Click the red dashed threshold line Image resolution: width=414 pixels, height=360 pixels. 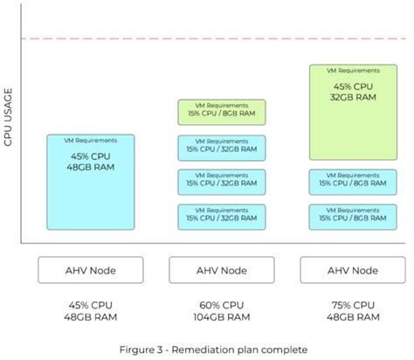click(x=210, y=39)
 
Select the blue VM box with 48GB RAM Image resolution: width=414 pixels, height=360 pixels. click(x=91, y=182)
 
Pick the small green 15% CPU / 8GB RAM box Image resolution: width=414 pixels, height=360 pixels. click(x=221, y=112)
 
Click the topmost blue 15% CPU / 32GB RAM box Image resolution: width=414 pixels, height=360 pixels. click(x=221, y=147)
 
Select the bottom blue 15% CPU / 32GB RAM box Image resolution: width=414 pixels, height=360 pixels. click(x=221, y=216)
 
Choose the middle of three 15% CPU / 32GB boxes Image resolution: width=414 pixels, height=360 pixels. click(x=221, y=182)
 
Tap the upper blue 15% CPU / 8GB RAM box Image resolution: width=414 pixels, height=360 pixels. click(x=348, y=182)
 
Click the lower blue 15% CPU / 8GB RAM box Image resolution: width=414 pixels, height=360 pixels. click(x=348, y=216)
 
